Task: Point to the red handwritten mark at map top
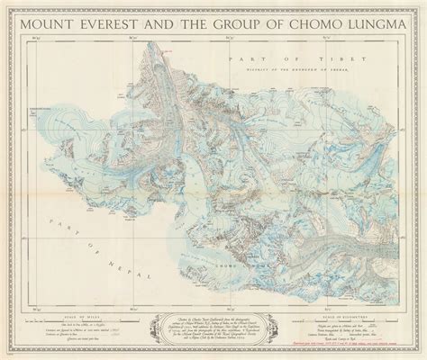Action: point(165,52)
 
